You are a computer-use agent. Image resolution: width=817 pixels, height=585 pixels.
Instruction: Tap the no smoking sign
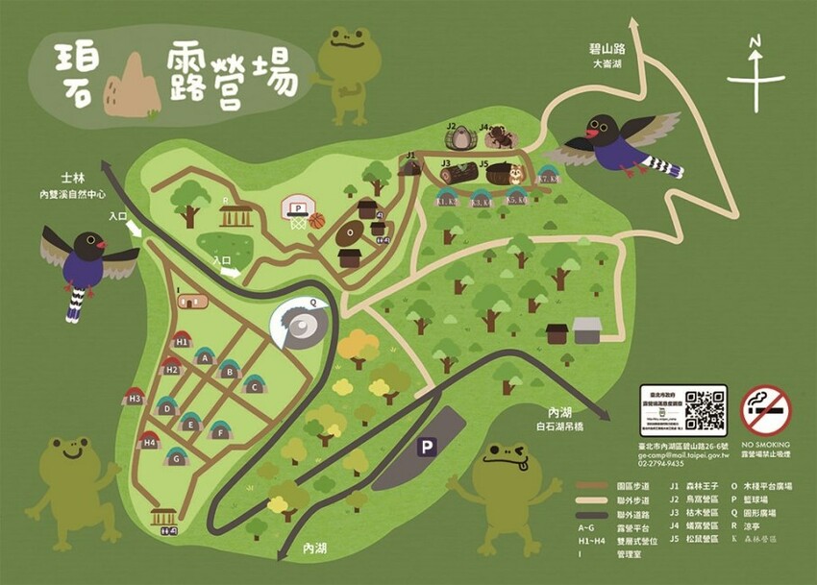766,410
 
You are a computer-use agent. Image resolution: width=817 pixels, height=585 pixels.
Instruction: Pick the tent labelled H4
149,443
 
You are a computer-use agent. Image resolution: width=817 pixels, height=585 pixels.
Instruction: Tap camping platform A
203,355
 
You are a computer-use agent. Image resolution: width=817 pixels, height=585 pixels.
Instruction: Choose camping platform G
176,456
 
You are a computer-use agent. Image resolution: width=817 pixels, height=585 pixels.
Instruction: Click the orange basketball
317,221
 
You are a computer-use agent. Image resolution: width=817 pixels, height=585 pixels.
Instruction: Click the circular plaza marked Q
302,328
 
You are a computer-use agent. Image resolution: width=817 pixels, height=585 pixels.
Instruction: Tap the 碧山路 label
608,47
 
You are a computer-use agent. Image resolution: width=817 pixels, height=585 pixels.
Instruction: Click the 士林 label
74,178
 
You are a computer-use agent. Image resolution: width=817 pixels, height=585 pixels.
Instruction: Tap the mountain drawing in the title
132,86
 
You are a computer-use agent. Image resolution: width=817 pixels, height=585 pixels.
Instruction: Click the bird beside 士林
87,264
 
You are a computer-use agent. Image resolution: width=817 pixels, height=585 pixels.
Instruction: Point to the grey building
587,331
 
